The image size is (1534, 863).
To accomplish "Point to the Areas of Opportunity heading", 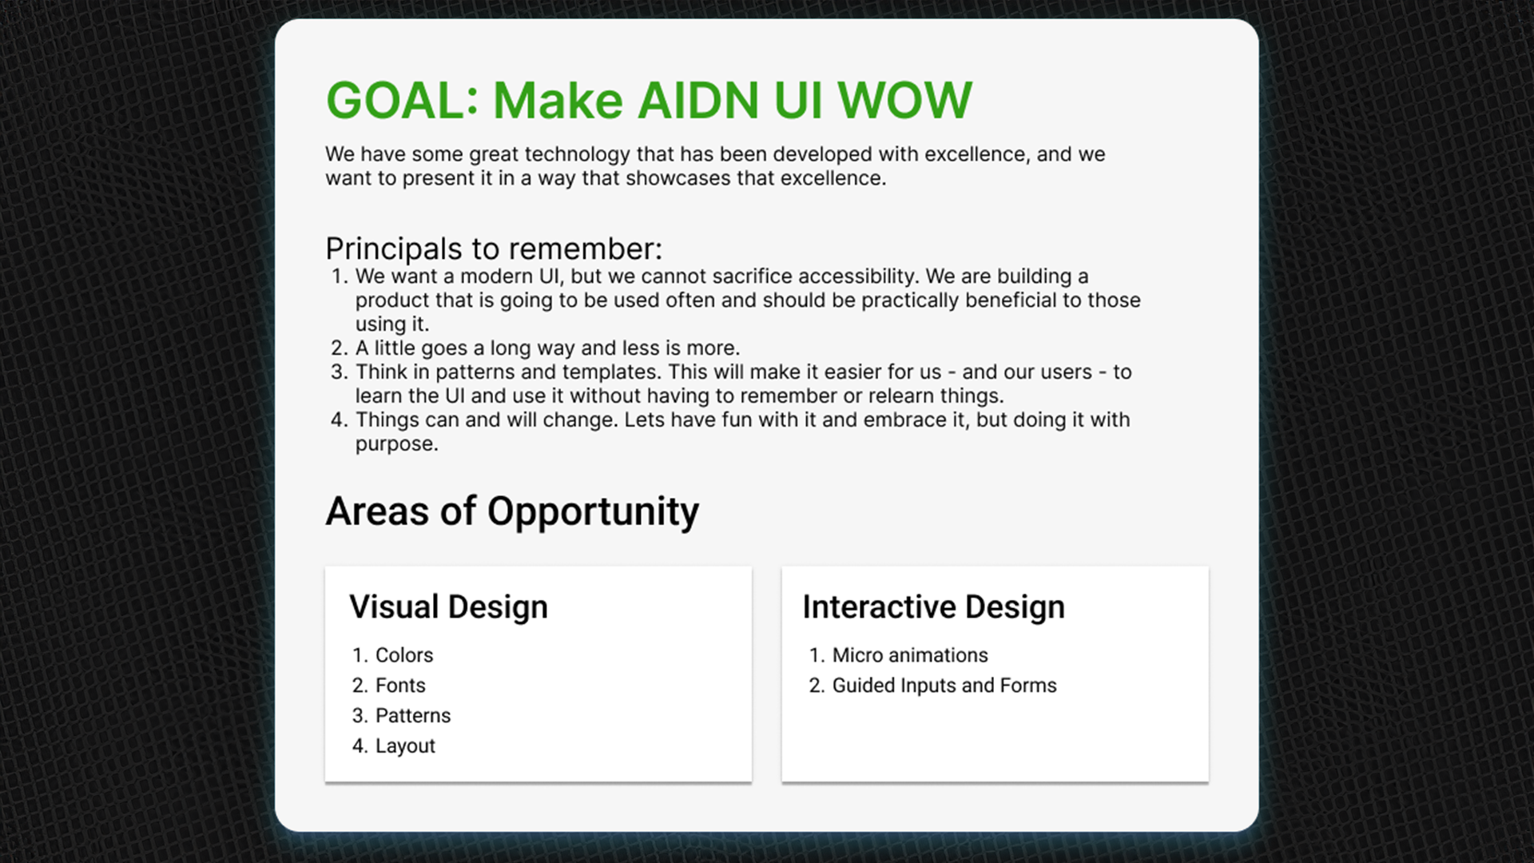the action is coord(512,511).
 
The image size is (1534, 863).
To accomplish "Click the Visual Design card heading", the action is coord(448,607).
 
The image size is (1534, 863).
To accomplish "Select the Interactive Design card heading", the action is coord(933,607).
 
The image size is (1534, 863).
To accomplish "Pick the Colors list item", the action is coord(404,655).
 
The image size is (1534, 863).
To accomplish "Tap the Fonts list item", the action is coord(400,686).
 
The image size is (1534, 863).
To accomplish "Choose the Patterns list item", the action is coord(413,716).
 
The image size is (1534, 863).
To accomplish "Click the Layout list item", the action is coord(405,746).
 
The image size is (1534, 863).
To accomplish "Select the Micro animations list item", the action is coord(910,655).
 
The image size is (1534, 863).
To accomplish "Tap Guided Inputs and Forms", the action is coord(944,686).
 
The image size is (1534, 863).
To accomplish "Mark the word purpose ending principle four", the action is coord(396,445).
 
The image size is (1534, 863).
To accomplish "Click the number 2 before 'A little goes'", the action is coord(339,348).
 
